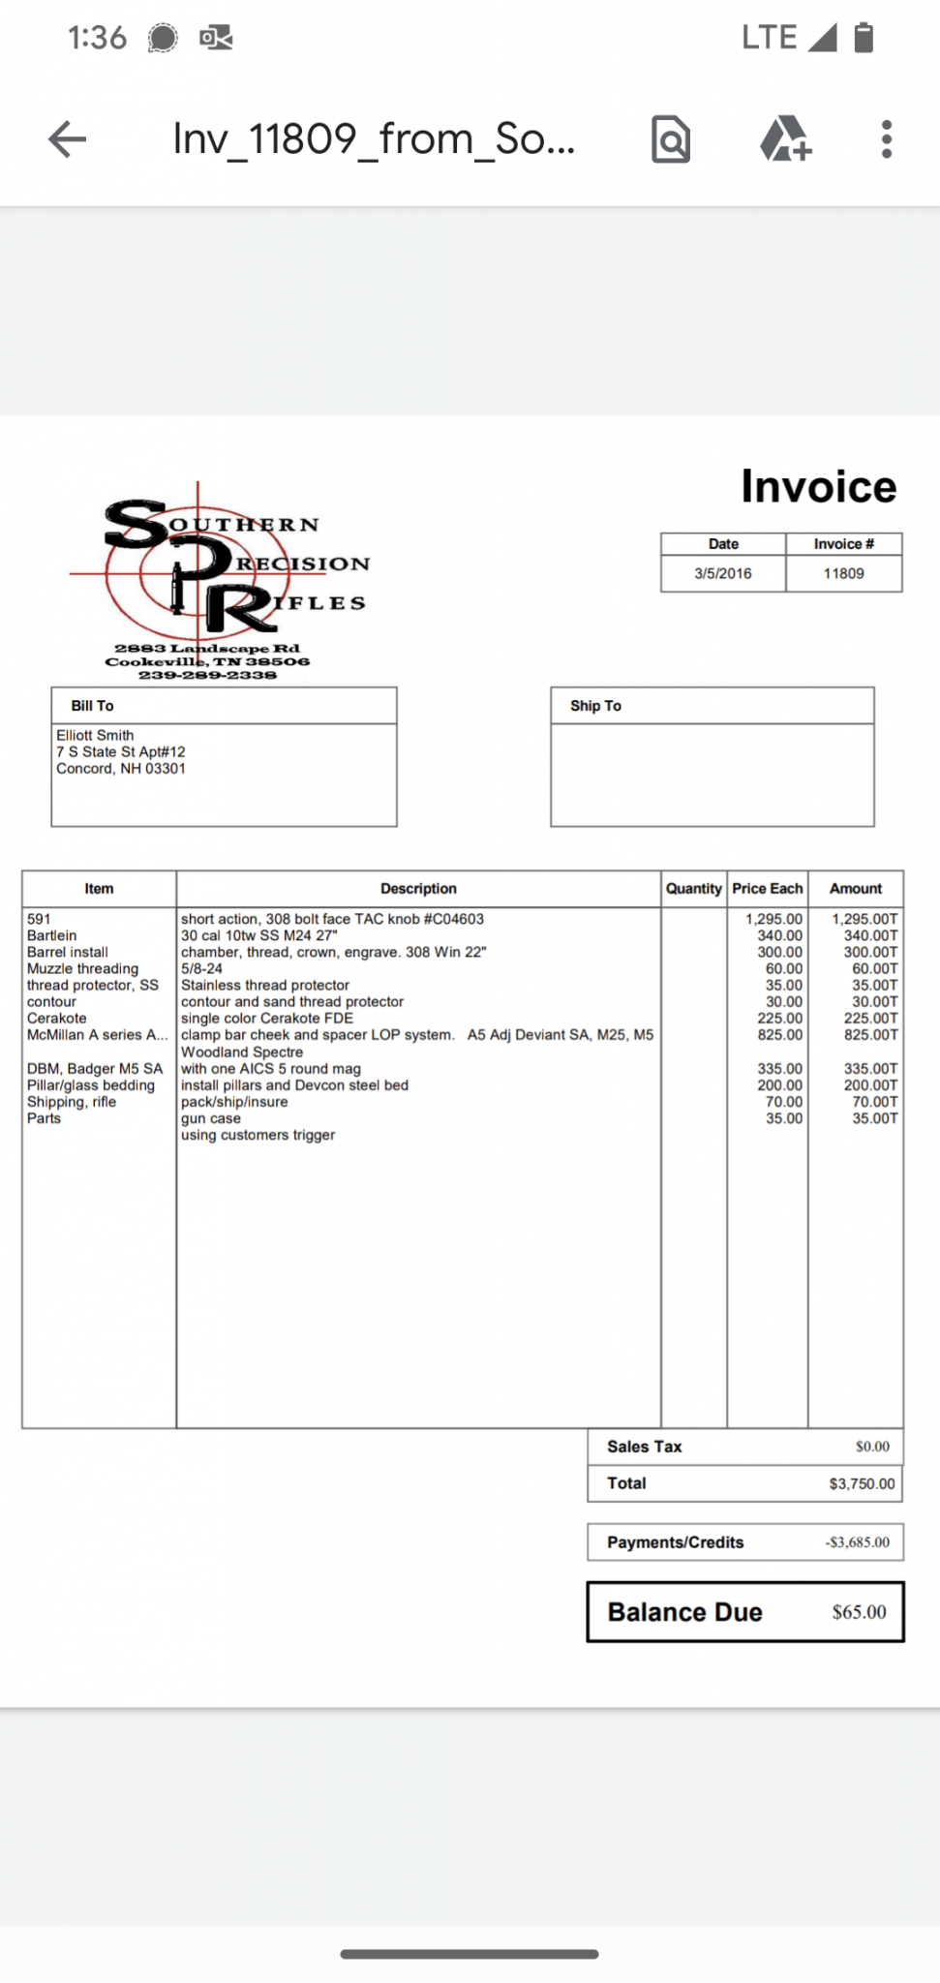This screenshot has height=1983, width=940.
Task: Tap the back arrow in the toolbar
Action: (x=67, y=139)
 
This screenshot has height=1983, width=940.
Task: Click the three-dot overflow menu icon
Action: (x=886, y=139)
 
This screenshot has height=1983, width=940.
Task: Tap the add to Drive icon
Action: (x=785, y=139)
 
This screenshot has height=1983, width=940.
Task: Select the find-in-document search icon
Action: (x=671, y=139)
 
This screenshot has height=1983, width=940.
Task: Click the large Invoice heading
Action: (x=818, y=486)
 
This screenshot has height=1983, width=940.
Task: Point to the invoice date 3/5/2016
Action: (x=722, y=573)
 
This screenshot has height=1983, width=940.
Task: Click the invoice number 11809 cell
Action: (x=843, y=573)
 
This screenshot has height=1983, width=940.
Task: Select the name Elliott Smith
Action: (x=95, y=735)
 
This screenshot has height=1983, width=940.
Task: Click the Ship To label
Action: (x=595, y=706)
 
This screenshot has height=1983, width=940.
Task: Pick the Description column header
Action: (x=418, y=888)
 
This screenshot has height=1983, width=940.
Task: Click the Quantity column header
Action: (x=693, y=888)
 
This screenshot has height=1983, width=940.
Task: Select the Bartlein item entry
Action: (x=52, y=935)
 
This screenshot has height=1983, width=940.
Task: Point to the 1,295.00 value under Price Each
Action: (x=773, y=919)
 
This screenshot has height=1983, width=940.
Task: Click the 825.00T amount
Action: (x=870, y=1035)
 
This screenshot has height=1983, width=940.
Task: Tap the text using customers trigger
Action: (x=258, y=1135)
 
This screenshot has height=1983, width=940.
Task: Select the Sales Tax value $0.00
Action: (x=872, y=1447)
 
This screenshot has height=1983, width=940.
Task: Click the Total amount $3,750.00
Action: (x=862, y=1483)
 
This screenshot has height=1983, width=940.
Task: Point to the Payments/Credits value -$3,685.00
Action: (x=857, y=1542)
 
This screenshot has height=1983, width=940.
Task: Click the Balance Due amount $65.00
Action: (x=859, y=1612)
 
